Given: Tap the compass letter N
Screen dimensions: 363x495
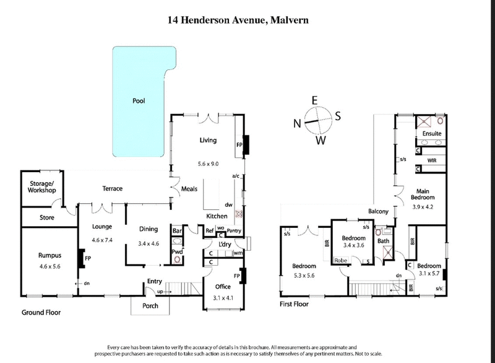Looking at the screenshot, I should click(298, 123).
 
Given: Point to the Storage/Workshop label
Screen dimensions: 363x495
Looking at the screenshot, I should click(39, 186).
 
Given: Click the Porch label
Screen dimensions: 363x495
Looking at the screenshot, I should click(150, 305).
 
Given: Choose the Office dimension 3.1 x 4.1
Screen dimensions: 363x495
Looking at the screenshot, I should click(222, 297).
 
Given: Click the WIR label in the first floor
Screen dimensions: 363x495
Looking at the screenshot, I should click(433, 159).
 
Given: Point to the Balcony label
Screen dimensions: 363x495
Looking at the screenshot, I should click(377, 211).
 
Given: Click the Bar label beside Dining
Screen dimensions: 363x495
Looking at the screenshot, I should click(176, 230).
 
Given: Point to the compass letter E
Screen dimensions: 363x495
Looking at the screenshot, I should click(314, 100).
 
